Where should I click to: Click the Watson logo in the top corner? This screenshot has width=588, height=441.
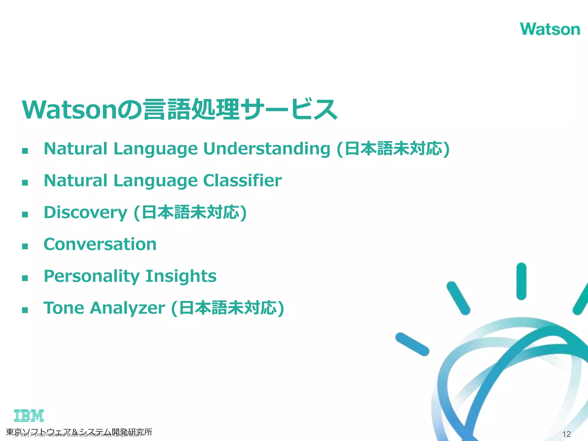click(x=550, y=29)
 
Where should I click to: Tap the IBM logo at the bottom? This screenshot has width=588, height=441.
click(x=29, y=415)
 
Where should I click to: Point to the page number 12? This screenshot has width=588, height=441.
click(x=566, y=434)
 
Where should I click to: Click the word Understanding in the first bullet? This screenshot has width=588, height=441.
click(x=266, y=149)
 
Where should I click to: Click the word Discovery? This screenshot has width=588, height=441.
click(x=85, y=212)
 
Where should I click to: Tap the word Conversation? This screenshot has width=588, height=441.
click(x=100, y=244)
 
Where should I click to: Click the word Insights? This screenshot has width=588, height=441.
click(x=181, y=276)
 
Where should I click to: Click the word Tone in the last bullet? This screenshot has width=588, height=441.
click(x=64, y=308)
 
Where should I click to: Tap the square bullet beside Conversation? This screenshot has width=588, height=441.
click(x=25, y=246)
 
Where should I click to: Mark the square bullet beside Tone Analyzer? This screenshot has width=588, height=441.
click(x=25, y=310)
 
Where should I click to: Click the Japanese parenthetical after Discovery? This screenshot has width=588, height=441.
click(x=190, y=213)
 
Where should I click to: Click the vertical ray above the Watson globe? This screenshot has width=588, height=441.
click(x=521, y=281)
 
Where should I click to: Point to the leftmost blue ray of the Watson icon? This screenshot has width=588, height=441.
click(x=412, y=344)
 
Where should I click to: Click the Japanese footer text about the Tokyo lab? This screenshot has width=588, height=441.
click(x=79, y=432)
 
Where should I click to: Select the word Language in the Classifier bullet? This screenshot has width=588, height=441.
click(x=155, y=181)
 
